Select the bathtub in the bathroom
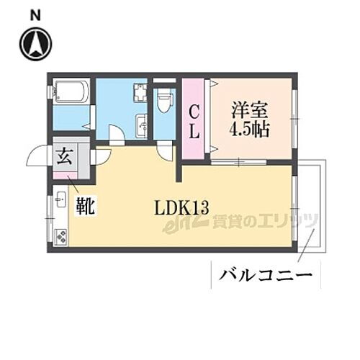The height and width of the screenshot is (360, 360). pyautogui.click(x=71, y=92)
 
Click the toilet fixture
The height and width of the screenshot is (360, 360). pyautogui.click(x=164, y=99)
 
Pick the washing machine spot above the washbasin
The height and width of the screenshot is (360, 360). pyautogui.click(x=140, y=94)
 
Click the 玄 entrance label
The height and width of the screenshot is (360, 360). pyautogui.click(x=64, y=156)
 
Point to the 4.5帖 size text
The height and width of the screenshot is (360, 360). pyautogui.click(x=248, y=132)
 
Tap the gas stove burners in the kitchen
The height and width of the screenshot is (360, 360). pyautogui.click(x=60, y=236)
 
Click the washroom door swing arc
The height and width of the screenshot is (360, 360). pyautogui.click(x=116, y=135)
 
